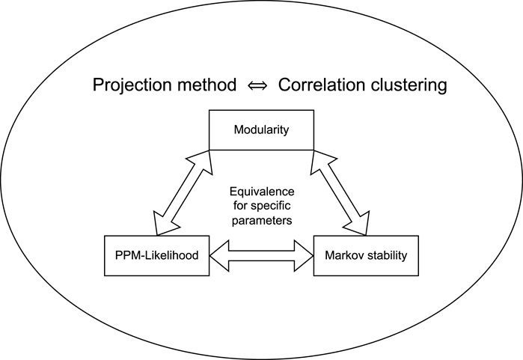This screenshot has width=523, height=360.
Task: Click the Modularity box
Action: (x=261, y=129)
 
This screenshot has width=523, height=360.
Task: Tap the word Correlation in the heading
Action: (x=322, y=85)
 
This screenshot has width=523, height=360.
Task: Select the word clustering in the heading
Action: (x=409, y=85)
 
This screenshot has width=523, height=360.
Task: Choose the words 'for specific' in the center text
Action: (x=261, y=204)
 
